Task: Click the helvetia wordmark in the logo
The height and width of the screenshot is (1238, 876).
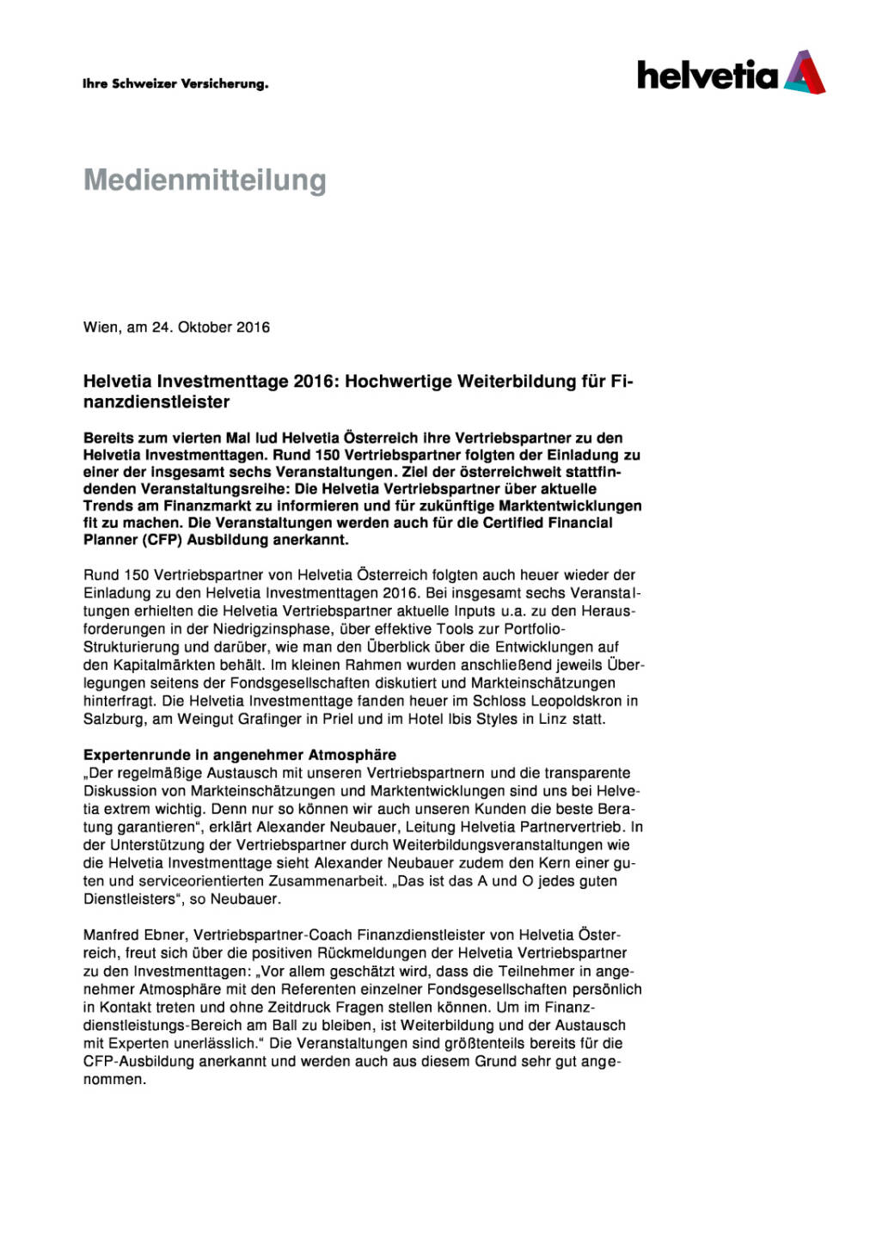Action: coord(707,76)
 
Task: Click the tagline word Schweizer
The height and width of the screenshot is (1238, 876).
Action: coord(144,84)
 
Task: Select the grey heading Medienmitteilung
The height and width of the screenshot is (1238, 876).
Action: coord(205,181)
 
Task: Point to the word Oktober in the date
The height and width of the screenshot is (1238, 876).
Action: coord(205,328)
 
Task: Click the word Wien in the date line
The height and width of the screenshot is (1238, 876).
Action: coord(101,328)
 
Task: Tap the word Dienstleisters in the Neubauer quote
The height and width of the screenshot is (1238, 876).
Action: coord(129,899)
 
